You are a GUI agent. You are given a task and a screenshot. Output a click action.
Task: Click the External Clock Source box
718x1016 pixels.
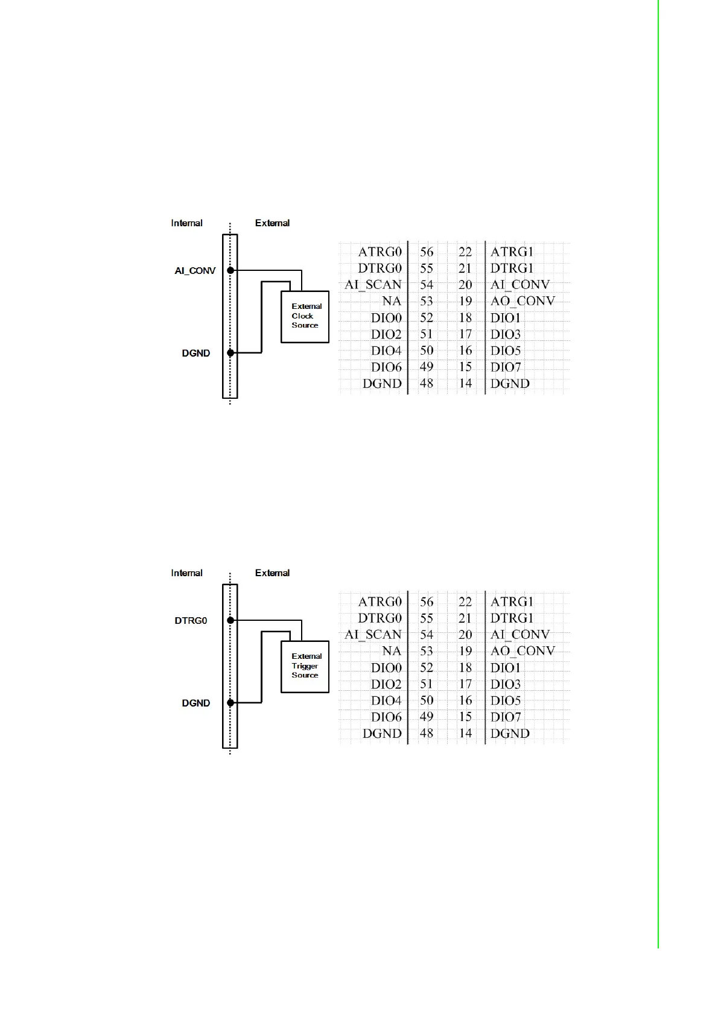305,317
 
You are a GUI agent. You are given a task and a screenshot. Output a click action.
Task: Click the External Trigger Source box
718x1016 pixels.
305,666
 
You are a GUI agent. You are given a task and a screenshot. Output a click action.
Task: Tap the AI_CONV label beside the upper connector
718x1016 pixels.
195,271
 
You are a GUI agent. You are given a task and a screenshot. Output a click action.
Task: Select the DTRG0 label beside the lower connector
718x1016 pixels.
191,621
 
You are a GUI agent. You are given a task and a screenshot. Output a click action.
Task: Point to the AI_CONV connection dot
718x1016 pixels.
230,270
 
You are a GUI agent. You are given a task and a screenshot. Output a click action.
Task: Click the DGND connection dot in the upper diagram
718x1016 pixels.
230,352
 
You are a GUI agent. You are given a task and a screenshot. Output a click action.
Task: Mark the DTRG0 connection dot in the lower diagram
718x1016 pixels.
230,620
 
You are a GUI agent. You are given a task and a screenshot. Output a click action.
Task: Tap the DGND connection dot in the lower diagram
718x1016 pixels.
230,702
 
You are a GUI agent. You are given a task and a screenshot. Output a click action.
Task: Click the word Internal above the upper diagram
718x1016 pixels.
186,223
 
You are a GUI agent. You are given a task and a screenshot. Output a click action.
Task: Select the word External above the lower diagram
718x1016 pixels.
272,573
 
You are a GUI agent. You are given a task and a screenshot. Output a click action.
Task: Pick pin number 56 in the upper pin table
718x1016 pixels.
427,252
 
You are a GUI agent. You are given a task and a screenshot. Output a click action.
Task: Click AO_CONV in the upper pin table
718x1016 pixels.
523,301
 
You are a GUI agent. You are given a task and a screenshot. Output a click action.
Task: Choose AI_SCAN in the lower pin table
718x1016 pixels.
373,635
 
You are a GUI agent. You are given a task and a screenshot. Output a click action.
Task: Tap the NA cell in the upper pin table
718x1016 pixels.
392,301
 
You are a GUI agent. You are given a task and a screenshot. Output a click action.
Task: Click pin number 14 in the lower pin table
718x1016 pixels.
465,734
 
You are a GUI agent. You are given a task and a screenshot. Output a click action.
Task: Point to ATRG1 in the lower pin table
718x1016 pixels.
512,602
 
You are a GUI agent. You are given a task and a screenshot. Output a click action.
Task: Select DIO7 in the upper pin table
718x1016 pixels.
506,367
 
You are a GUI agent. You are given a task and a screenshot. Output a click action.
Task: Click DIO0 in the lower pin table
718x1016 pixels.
386,668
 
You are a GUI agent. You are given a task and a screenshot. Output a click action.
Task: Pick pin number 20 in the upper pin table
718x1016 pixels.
465,285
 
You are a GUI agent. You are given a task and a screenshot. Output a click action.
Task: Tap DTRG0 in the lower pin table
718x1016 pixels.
380,618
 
